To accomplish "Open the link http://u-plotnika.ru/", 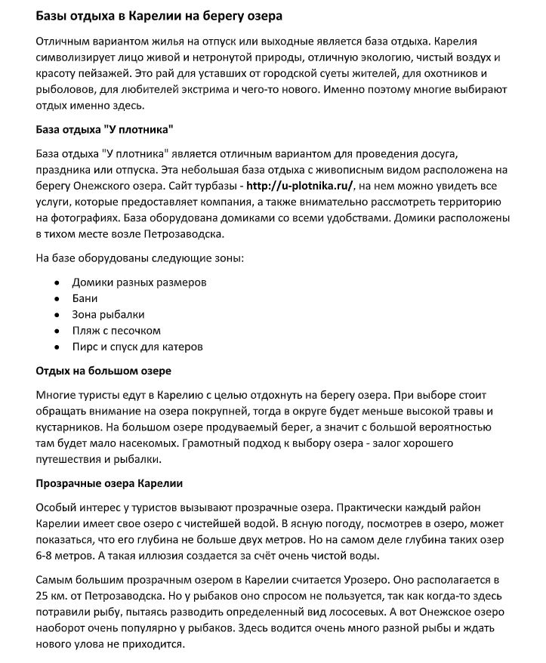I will [300, 186].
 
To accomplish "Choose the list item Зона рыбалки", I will [108, 314].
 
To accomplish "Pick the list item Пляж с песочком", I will [116, 331].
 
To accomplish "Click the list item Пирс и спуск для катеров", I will [137, 347].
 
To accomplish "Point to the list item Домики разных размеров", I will [139, 282].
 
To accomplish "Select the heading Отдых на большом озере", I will [103, 371].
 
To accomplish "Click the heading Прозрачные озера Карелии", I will [110, 483].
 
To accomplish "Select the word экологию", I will [378, 57].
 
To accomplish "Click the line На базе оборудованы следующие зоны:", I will [140, 258].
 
